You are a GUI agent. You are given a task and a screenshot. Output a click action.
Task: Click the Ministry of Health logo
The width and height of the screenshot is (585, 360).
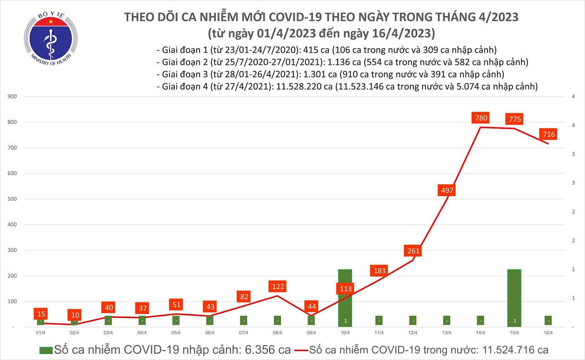[51, 40]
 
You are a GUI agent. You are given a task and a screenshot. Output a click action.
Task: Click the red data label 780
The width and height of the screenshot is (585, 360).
[481, 118]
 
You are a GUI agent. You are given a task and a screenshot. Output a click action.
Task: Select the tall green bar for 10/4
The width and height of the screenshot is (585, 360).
[345, 297]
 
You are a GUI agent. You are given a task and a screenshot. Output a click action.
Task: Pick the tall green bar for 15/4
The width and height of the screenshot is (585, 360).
[514, 297]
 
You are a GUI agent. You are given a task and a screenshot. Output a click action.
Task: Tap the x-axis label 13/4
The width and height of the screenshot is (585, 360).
[447, 333]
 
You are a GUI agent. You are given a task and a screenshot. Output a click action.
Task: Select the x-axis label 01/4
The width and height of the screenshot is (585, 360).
[41, 333]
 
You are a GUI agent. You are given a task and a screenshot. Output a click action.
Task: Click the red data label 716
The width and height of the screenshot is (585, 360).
[548, 134]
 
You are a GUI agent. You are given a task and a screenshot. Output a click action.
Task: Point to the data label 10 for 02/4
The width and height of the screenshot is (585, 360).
[74, 315]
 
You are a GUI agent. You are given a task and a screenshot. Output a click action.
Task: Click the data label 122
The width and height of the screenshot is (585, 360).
[278, 287]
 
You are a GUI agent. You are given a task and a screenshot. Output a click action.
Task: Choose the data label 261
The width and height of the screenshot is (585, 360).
[412, 251]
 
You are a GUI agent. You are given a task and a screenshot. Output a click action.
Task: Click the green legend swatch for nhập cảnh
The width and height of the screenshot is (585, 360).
[45, 350]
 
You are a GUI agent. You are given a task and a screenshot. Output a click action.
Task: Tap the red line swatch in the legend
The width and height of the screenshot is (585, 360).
[300, 350]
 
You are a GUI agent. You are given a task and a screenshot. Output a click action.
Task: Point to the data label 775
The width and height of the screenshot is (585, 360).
[514, 120]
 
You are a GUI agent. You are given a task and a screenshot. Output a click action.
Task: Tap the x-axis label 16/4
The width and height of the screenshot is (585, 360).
[548, 333]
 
